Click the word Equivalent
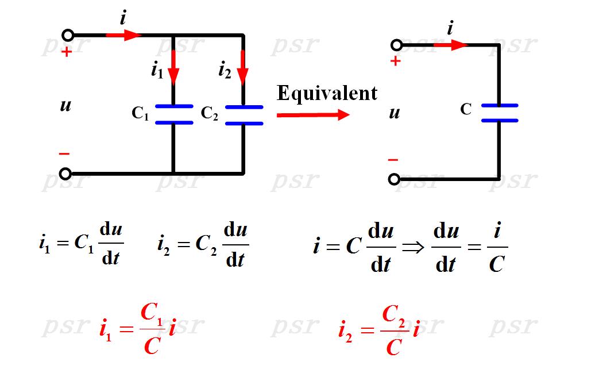[x=327, y=93]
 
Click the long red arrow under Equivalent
[x=313, y=115]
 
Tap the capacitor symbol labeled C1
[x=173, y=114]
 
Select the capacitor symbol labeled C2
[x=244, y=115]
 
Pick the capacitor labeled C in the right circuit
[x=499, y=113]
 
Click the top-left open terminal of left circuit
[x=68, y=35]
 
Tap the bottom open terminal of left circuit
[x=65, y=173]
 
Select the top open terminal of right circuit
[x=395, y=45]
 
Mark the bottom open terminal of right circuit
[x=394, y=179]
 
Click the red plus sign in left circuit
[x=67, y=52]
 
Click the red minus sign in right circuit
[x=393, y=160]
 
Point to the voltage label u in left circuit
[x=65, y=105]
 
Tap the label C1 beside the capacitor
[x=140, y=114]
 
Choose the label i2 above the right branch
[x=225, y=70]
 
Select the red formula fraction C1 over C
[x=151, y=329]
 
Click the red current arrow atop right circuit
[x=450, y=45]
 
